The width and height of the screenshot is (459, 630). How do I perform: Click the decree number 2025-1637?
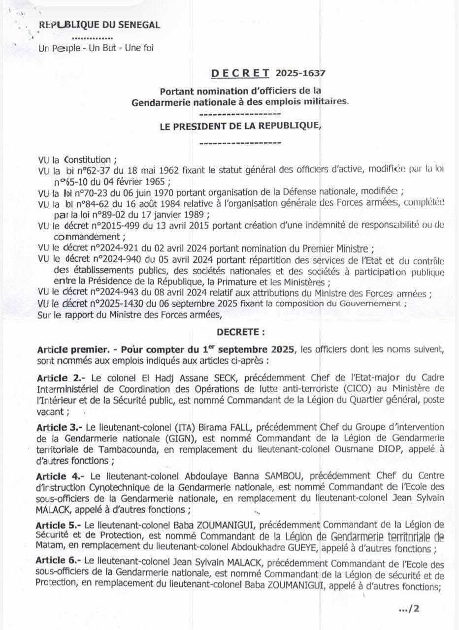[x=300, y=73]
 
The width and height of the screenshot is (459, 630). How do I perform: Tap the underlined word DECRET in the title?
[x=240, y=73]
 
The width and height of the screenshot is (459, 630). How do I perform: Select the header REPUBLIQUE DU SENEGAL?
[x=99, y=25]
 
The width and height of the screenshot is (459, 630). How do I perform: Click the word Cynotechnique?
[x=114, y=487]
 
